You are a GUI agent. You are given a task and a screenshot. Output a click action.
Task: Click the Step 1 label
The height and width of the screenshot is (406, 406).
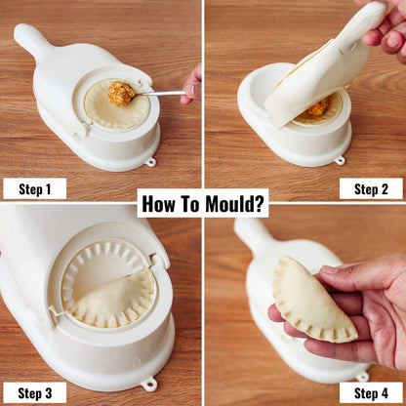pyautogui.click(x=34, y=188)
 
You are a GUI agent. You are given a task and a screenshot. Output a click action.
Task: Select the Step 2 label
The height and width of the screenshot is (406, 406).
pyautogui.click(x=371, y=188)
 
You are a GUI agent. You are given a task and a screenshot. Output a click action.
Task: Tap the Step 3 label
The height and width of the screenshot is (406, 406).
pyautogui.click(x=34, y=392)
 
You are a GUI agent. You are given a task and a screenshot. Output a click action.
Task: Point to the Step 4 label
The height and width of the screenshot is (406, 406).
pyautogui.click(x=371, y=392)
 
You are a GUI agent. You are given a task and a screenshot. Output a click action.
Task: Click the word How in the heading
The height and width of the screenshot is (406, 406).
pyautogui.click(x=160, y=204)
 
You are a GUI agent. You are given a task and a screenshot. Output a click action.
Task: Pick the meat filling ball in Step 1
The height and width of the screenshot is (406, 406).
pyautogui.click(x=122, y=94)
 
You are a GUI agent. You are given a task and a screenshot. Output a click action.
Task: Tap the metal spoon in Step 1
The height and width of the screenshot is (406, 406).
pyautogui.click(x=161, y=93)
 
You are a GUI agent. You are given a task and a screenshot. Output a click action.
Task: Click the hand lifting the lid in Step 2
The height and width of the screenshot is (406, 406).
pyautogui.click(x=386, y=29)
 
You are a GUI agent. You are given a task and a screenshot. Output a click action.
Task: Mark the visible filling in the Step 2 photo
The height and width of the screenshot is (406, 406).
pyautogui.click(x=316, y=107)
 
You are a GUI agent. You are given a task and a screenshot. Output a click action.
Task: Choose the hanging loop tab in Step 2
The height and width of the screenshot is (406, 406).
pyautogui.click(x=339, y=160)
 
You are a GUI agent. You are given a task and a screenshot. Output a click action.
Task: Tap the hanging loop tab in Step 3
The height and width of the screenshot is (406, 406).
pyautogui.click(x=149, y=384)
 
